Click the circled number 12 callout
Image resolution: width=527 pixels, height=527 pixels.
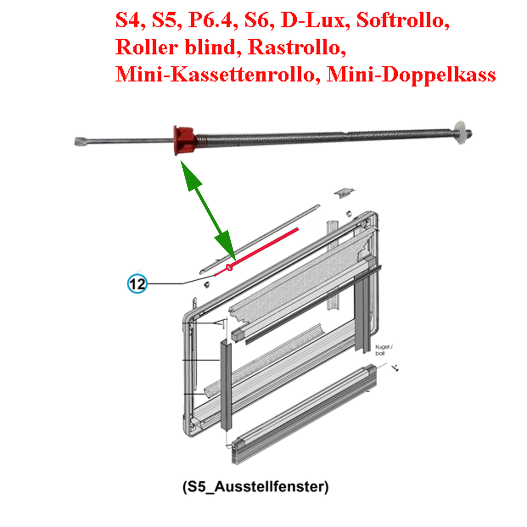coord(137,284)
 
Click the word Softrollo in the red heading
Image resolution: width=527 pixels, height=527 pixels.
coord(403,20)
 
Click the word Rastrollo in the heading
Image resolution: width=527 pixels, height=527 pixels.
coord(297,47)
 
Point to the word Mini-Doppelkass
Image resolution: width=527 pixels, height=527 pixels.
coord(411,74)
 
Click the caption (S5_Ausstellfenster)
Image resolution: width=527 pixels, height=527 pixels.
coord(255,487)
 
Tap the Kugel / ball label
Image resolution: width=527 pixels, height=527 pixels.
coord(383,350)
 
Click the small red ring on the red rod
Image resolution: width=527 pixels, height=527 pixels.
coord(229,268)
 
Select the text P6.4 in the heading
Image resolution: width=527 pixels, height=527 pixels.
coord(210,20)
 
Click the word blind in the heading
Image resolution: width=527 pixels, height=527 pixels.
coord(213,47)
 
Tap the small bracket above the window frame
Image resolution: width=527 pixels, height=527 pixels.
coord(344,192)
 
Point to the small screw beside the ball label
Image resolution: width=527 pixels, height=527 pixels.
coord(396,368)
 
